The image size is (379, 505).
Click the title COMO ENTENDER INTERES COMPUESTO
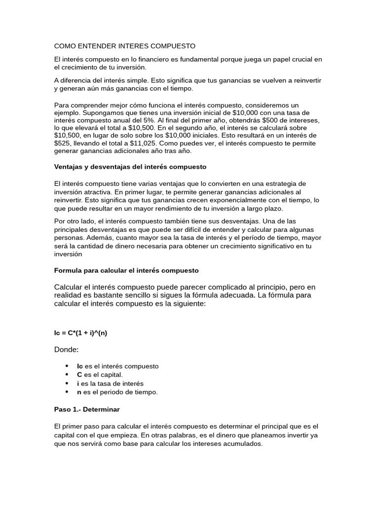tap(124, 46)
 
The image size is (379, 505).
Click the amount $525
tap(63, 143)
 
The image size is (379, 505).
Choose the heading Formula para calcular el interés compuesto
tap(126, 271)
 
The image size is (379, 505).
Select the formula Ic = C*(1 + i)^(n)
tap(80, 333)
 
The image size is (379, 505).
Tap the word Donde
tap(66, 350)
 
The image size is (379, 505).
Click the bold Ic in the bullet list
tap(80, 366)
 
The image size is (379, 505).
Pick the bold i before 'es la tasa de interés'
tap(78, 384)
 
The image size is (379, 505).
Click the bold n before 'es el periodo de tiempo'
tap(79, 392)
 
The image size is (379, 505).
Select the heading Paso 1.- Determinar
tap(87, 409)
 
